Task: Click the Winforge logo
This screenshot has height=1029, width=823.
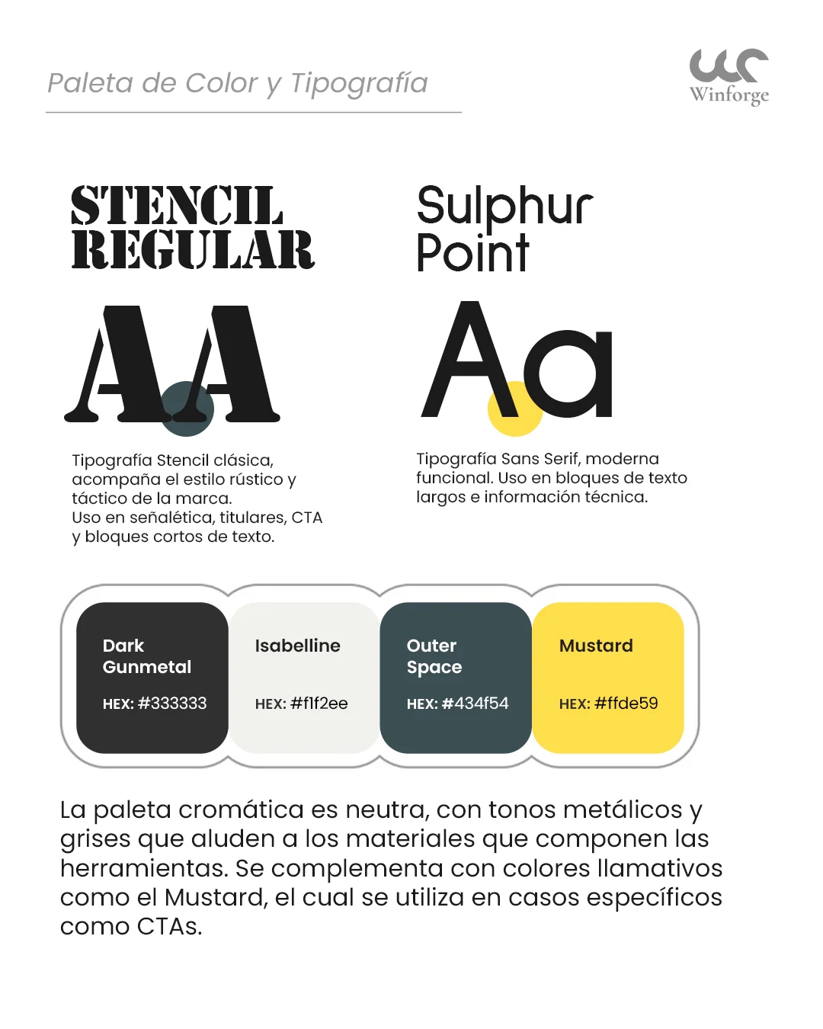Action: [x=729, y=75]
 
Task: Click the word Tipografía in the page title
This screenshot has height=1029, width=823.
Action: [x=359, y=83]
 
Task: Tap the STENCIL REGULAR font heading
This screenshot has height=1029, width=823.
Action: [x=192, y=227]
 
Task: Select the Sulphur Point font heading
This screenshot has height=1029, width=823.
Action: [x=504, y=228]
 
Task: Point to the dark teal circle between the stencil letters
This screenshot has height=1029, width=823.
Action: [x=187, y=409]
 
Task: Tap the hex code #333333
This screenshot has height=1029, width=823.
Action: [x=172, y=704]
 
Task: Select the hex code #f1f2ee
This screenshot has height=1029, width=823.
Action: [x=319, y=704]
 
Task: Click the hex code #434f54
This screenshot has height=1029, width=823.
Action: [x=475, y=704]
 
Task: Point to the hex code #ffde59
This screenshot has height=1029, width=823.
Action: [x=626, y=704]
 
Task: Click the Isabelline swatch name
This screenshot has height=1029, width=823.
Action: [x=297, y=646]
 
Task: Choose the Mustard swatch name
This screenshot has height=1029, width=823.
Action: [x=596, y=646]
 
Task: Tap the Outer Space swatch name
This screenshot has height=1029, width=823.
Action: [x=434, y=656]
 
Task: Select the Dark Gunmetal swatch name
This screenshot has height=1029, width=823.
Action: [x=146, y=656]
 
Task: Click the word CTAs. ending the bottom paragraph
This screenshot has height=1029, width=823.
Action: [x=169, y=927]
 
